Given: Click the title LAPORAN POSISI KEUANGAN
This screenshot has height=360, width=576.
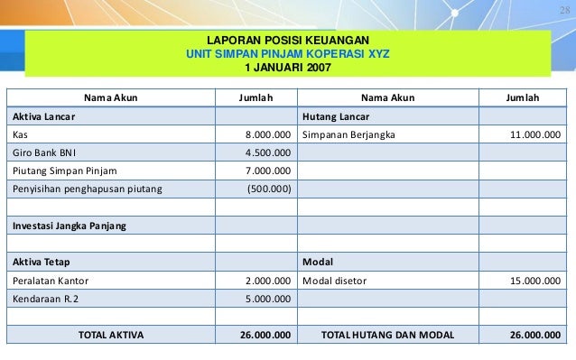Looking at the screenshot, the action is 288,41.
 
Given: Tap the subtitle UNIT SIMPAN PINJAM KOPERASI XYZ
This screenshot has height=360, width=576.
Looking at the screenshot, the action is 288,53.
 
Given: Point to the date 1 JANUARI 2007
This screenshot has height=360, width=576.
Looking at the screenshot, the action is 288,67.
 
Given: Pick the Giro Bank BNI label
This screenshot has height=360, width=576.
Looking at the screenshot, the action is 43,152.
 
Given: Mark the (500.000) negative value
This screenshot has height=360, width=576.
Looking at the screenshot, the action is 269,188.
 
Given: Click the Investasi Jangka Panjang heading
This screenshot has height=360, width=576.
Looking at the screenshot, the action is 69,224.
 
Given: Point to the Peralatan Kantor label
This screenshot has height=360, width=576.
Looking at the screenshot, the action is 51,279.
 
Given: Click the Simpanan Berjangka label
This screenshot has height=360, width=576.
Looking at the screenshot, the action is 348,134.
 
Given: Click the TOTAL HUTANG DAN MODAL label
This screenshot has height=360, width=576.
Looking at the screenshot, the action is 388,333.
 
